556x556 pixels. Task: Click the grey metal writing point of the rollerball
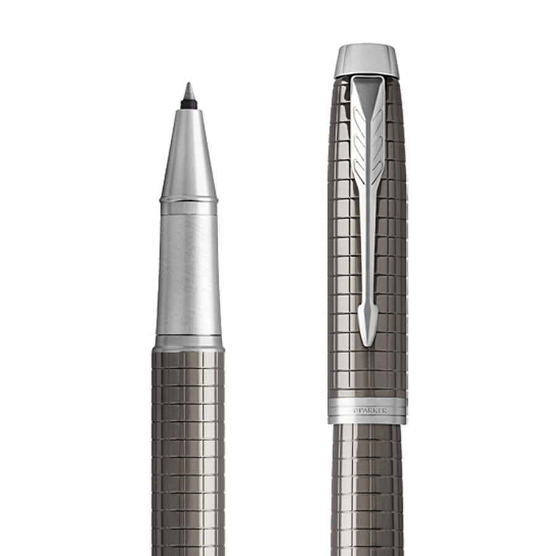188,91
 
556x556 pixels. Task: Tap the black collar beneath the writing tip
188,104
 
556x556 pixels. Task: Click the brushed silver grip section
188,275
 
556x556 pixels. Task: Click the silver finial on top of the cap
366,61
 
